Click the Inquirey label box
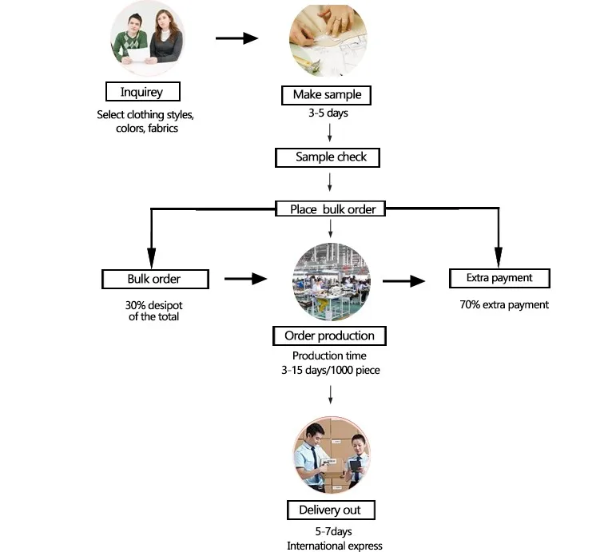(142, 91)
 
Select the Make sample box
(327, 95)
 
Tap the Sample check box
(327, 157)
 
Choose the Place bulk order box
(331, 209)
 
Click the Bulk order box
(155, 279)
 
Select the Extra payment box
(499, 278)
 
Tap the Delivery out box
(330, 510)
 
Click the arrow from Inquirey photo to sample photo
(237, 38)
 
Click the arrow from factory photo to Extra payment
(403, 280)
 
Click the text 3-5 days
(328, 113)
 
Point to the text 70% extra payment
(504, 304)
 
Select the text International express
(335, 546)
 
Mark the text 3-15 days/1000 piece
(330, 370)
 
